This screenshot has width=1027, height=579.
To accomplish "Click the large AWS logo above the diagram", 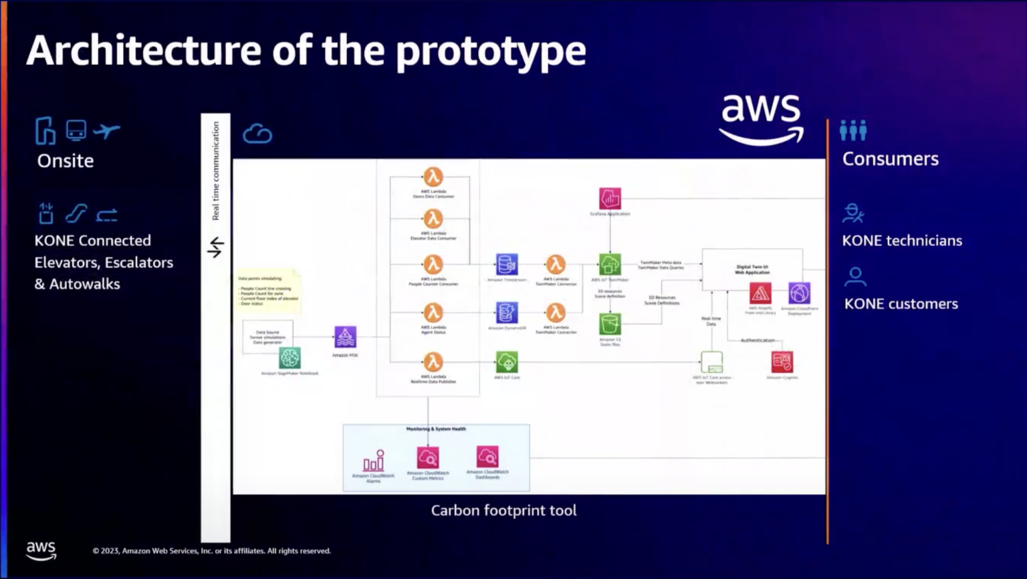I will [761, 119].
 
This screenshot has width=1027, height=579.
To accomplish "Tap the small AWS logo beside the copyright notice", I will [41, 550].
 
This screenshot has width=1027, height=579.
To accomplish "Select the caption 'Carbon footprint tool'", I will [503, 511].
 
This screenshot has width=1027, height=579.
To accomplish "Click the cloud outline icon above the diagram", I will [257, 134].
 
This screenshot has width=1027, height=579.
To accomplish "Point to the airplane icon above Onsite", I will [106, 130].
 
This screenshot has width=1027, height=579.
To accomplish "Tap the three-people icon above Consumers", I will [853, 130].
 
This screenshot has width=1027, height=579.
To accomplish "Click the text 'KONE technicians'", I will [902, 241].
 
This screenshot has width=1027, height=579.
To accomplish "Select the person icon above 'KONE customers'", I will [855, 276].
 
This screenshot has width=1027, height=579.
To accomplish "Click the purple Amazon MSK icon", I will [345, 337].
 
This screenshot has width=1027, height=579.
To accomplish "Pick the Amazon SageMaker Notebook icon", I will [290, 358].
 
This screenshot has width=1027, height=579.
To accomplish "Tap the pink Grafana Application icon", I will [610, 199].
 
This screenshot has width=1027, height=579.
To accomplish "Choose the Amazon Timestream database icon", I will [507, 264].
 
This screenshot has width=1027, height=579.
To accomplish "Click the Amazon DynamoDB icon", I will [507, 312].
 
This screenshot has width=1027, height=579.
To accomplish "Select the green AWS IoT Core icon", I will [507, 362].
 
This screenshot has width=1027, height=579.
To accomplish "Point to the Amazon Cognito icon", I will [782, 362].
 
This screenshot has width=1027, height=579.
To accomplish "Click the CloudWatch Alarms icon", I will [373, 461].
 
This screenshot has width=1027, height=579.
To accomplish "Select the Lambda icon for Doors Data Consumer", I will [433, 177].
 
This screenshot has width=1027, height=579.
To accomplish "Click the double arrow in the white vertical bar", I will [215, 247].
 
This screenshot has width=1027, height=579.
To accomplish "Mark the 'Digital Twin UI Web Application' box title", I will [752, 269].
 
